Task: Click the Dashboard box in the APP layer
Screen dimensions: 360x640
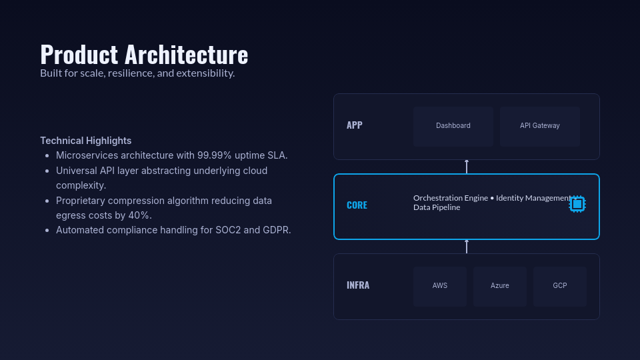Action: (x=453, y=126)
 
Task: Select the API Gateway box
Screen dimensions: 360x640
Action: (x=540, y=126)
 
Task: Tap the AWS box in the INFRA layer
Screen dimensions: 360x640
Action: (x=440, y=286)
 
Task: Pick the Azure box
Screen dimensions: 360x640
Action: (x=500, y=286)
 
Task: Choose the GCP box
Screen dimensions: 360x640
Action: (x=560, y=286)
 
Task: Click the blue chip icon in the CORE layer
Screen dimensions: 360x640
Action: (x=577, y=204)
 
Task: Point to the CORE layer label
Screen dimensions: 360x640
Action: (x=357, y=205)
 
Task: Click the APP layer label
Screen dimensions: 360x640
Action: (x=354, y=125)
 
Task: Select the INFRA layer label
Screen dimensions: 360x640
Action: (x=357, y=285)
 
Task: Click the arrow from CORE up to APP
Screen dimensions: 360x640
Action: (x=467, y=167)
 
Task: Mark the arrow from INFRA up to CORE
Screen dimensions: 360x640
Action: (x=467, y=247)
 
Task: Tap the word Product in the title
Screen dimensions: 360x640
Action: (x=79, y=55)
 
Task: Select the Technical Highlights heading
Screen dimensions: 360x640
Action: (x=85, y=141)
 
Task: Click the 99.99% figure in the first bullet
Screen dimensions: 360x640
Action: (x=214, y=155)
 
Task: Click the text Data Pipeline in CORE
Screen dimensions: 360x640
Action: (x=437, y=207)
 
